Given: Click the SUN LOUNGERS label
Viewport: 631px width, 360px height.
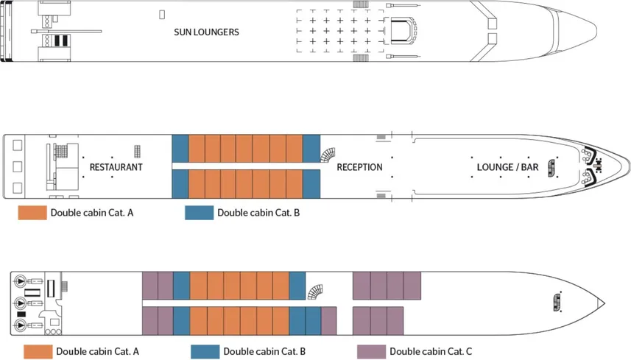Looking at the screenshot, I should (x=206, y=32).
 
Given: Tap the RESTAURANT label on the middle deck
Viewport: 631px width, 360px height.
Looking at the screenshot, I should (x=116, y=167).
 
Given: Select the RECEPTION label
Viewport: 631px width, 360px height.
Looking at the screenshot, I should (x=359, y=167).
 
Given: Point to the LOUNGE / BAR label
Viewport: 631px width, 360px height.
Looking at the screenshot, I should (x=507, y=167).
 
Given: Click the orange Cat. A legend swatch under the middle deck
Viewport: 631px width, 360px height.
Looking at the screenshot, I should (x=32, y=213).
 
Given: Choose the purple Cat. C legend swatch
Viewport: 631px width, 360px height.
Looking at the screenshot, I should (x=370, y=351).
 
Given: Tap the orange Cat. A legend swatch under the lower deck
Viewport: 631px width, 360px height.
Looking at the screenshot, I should (x=38, y=351).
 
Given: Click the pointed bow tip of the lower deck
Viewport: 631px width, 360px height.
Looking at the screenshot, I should (x=603, y=303).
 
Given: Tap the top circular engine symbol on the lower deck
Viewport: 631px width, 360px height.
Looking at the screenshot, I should (x=20, y=280).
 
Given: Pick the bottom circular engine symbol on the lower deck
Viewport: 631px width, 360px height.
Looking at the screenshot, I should (x=20, y=326).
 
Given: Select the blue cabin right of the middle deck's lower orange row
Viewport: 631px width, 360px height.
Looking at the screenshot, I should (x=311, y=183).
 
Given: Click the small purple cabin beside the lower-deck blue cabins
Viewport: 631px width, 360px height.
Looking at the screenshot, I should (x=328, y=320).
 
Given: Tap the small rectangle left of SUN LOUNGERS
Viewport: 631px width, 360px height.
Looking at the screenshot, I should (x=162, y=14).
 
